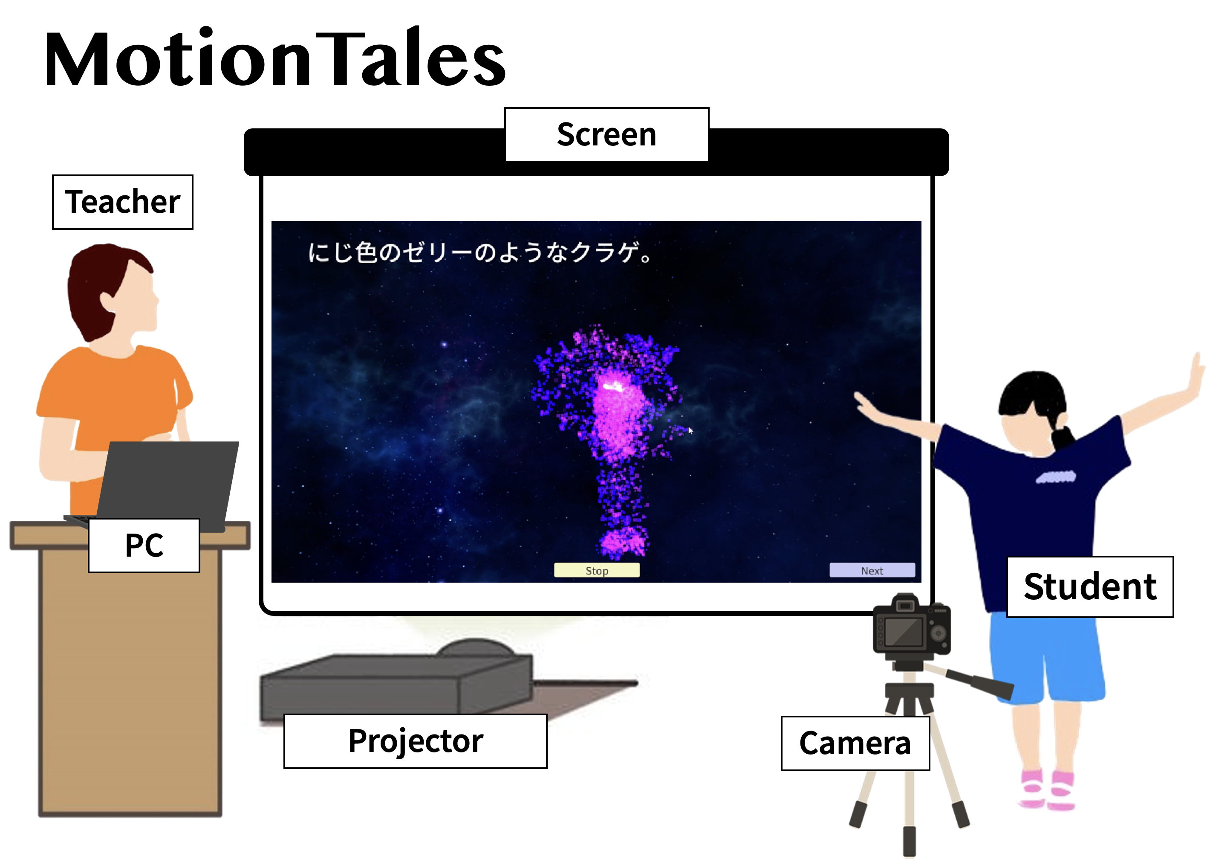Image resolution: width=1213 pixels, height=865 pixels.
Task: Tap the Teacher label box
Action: [122, 202]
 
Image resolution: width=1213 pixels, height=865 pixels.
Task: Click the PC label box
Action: [144, 546]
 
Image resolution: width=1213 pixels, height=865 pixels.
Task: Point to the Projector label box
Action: [415, 741]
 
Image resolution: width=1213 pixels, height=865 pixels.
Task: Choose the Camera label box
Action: [855, 743]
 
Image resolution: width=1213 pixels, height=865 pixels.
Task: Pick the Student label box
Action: [1090, 587]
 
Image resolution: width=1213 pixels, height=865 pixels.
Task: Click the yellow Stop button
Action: [597, 570]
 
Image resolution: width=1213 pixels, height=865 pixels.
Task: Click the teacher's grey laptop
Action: [165, 485]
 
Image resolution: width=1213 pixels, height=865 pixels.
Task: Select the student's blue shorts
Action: [1046, 658]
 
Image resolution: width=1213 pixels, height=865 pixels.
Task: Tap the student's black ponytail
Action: [1061, 435]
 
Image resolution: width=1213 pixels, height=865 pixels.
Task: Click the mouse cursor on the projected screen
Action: [690, 430]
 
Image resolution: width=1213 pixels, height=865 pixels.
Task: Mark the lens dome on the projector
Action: [475, 648]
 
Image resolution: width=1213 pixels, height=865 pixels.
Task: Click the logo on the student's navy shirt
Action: [1055, 477]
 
